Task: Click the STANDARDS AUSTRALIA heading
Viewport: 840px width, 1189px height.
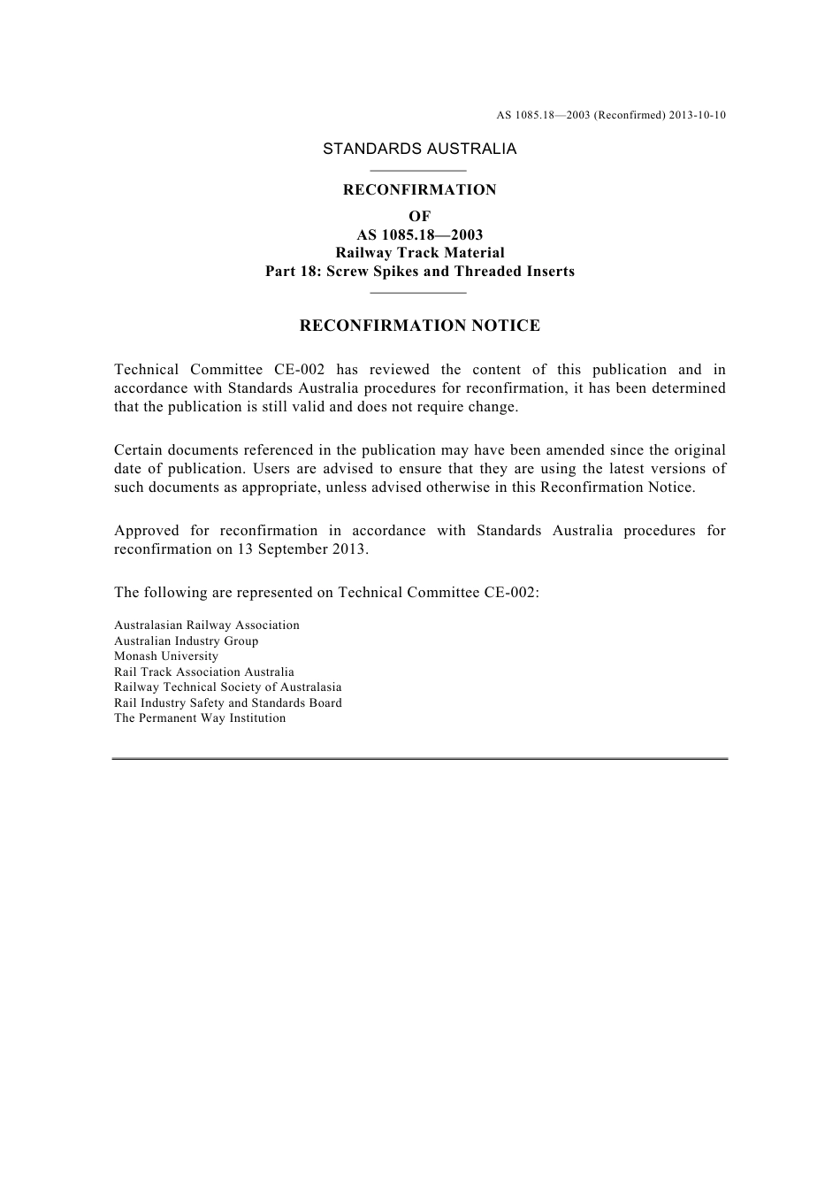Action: tap(419, 149)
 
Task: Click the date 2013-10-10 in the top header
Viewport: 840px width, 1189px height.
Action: tap(697, 115)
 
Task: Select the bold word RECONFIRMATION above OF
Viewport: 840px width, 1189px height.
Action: tap(419, 189)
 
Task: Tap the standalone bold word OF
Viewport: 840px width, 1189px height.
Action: tap(419, 216)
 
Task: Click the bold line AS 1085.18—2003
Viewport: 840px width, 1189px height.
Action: tap(419, 234)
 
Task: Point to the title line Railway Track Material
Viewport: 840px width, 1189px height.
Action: tap(419, 253)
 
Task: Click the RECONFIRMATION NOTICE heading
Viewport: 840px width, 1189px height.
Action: tap(419, 326)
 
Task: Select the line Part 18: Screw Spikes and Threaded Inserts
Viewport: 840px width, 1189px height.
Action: tap(419, 272)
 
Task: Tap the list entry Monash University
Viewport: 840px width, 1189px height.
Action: tap(165, 656)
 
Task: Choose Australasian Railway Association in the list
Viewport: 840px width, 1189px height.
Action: tap(206, 625)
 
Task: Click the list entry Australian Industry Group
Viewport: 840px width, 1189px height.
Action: tap(186, 641)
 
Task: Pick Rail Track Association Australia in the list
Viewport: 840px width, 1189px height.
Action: tap(203, 671)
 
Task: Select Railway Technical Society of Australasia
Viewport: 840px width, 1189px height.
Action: tap(227, 687)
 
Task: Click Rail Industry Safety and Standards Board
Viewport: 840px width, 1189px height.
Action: tap(227, 702)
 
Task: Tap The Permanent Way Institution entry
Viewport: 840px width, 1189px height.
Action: tap(199, 718)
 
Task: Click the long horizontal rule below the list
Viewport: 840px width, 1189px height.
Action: tap(419, 759)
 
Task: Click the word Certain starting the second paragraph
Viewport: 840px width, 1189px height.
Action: tap(140, 450)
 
